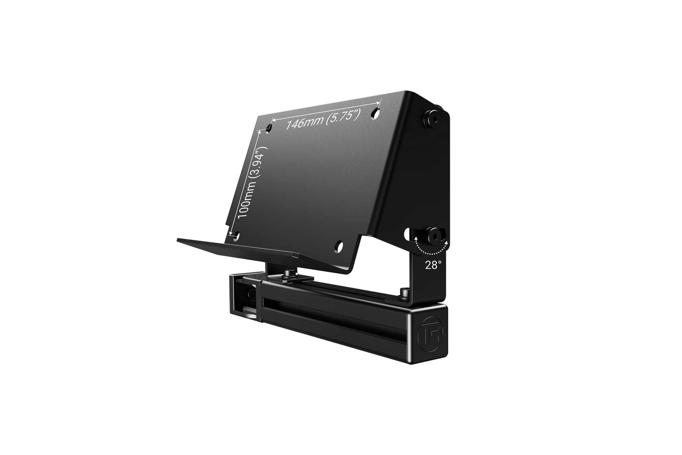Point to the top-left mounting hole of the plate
coord(269,128)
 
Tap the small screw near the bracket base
coord(404,292)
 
